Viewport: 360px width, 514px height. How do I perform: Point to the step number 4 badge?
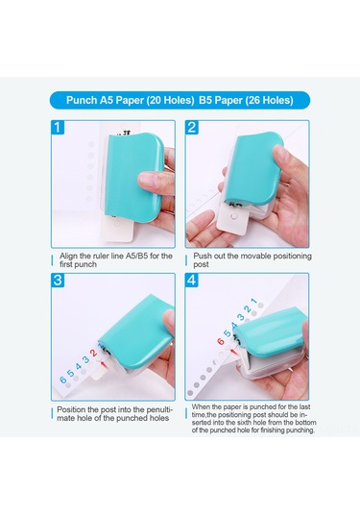[x=192, y=281]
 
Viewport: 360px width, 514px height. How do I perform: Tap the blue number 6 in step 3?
[x=64, y=380]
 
